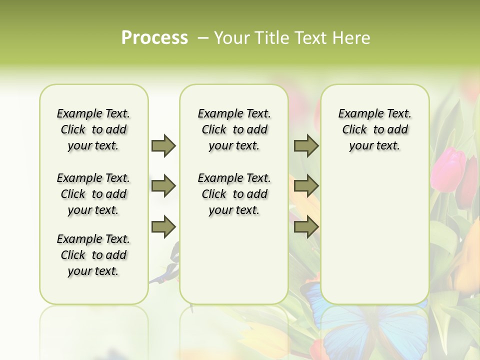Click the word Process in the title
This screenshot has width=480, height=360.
[x=154, y=38]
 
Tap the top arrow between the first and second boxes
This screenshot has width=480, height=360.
[x=163, y=145]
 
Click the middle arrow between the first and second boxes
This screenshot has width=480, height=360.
[x=163, y=186]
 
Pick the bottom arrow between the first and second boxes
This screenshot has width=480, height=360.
[x=163, y=226]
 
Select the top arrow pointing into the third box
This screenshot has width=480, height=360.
[x=306, y=145]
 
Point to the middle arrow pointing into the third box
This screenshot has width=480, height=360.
[x=306, y=186]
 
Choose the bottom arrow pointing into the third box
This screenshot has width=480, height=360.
[x=306, y=226]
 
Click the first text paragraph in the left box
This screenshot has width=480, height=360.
[x=93, y=129]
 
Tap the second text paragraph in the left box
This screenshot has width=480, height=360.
[x=93, y=194]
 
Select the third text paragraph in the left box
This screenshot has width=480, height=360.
[x=93, y=255]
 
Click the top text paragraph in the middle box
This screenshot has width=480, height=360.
[x=234, y=129]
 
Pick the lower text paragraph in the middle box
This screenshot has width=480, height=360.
[x=234, y=194]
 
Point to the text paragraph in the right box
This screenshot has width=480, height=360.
[x=374, y=129]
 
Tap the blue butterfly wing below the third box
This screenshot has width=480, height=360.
[x=350, y=330]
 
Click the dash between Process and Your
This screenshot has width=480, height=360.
[x=202, y=38]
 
